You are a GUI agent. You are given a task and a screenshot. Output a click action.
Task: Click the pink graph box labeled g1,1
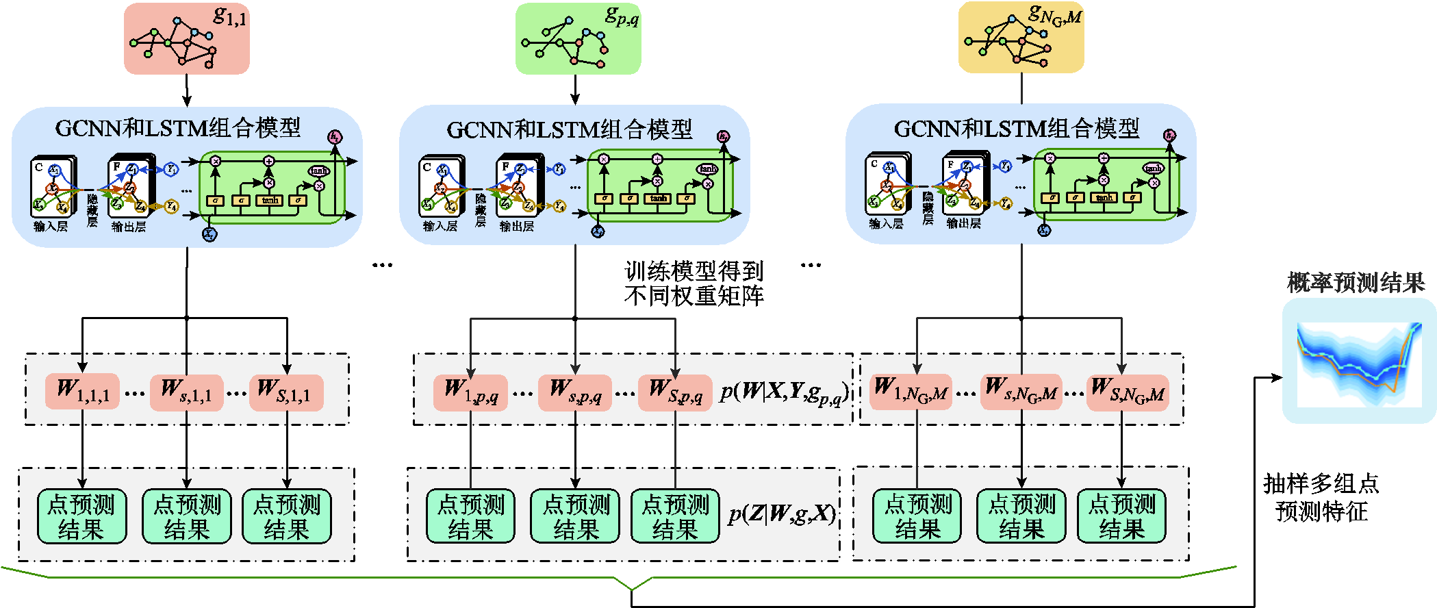(186, 38)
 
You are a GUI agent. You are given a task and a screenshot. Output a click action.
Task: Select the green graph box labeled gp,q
(578, 38)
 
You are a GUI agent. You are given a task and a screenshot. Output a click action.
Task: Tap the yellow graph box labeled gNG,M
(1021, 37)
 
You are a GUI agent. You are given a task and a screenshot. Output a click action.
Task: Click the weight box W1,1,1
(82, 392)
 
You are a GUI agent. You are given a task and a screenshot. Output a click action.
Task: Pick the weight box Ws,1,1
(186, 392)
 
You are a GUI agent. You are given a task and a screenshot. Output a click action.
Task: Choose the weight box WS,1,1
(286, 392)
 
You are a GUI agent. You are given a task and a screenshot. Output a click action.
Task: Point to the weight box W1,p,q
(470, 392)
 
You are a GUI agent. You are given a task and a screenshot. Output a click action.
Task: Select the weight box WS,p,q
(675, 392)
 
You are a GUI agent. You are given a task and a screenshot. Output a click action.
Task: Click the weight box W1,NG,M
(911, 392)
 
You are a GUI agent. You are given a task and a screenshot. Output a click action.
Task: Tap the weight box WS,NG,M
(1127, 392)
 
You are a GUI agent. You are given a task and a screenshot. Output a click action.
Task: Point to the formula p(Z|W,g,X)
(782, 514)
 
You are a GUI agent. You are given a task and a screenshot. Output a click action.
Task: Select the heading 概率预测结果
(1356, 282)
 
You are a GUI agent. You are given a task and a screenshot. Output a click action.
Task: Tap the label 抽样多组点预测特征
(1321, 497)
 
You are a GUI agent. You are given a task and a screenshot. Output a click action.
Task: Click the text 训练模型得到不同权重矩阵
(694, 283)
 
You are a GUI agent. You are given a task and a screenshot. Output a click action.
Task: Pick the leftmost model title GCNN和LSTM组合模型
(178, 127)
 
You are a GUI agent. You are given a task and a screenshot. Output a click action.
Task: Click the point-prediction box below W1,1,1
(82, 516)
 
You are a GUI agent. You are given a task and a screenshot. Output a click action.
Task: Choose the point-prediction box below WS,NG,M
(1121, 516)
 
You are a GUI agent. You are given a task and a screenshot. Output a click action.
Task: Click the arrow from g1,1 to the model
(187, 90)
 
